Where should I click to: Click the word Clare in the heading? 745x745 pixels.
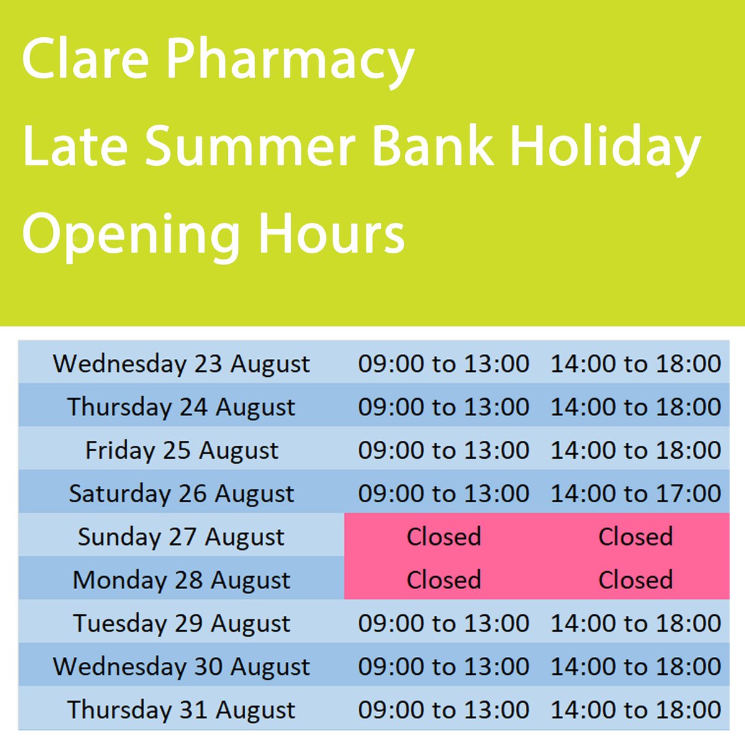pyautogui.click(x=85, y=60)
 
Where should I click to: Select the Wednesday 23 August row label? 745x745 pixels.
pyautogui.click(x=181, y=364)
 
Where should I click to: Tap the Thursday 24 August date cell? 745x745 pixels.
pyautogui.click(x=181, y=407)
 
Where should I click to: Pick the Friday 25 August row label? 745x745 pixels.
pyautogui.click(x=181, y=451)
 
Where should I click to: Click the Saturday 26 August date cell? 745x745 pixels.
pyautogui.click(x=181, y=494)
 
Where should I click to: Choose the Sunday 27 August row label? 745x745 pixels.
pyautogui.click(x=181, y=537)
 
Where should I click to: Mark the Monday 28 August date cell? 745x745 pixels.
pyautogui.click(x=181, y=580)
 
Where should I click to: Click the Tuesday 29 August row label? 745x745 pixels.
pyautogui.click(x=181, y=623)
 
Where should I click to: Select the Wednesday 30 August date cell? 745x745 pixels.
pyautogui.click(x=181, y=667)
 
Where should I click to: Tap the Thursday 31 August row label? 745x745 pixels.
pyautogui.click(x=181, y=710)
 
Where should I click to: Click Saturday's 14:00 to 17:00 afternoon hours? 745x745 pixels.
pyautogui.click(x=636, y=494)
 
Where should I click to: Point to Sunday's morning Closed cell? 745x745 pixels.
pyautogui.click(x=444, y=537)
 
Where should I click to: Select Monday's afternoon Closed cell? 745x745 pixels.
pyautogui.click(x=636, y=580)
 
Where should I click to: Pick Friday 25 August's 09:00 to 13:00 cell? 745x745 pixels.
pyautogui.click(x=444, y=451)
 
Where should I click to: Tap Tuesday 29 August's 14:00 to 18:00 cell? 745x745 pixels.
pyautogui.click(x=636, y=623)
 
